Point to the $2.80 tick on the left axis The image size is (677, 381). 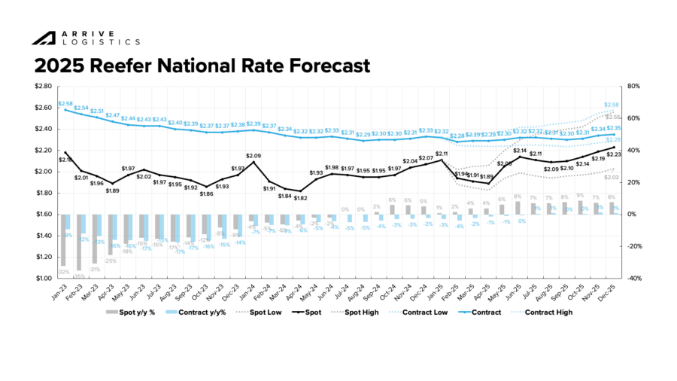pos(43,86)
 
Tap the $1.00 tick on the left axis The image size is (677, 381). pos(43,279)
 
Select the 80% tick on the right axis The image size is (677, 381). pos(633,86)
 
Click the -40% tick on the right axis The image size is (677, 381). pos(633,279)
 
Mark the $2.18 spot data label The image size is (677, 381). pos(65,160)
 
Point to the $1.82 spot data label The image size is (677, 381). pos(301,198)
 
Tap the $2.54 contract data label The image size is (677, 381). pos(81,108)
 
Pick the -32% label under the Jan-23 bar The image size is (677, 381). pos(64,272)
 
